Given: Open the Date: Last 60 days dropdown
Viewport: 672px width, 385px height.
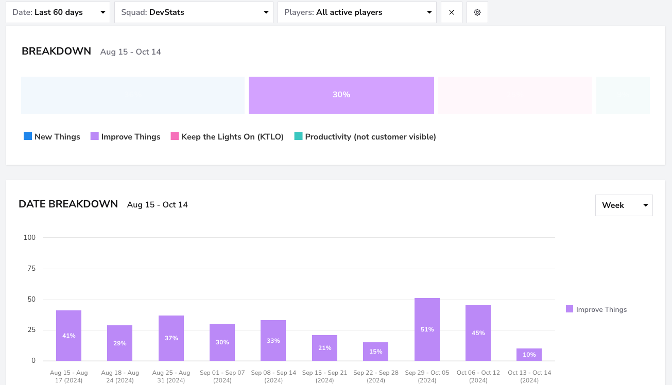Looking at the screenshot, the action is [x=58, y=12].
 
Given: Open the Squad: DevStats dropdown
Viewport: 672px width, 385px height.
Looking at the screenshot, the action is [x=194, y=12].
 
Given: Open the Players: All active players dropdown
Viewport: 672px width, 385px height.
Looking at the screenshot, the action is [x=357, y=12].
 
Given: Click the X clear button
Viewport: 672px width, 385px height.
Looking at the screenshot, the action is [x=452, y=12].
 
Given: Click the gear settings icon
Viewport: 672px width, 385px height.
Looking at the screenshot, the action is [x=477, y=12].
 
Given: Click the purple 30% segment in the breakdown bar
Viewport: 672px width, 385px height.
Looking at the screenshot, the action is [x=341, y=95].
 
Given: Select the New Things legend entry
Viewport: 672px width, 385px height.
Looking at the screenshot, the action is [x=52, y=137].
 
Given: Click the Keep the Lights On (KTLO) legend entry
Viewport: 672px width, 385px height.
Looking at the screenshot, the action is [x=227, y=137].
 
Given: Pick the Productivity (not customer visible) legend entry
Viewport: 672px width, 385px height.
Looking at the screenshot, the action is [x=365, y=137].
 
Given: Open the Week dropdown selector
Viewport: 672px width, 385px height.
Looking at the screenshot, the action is [x=624, y=205].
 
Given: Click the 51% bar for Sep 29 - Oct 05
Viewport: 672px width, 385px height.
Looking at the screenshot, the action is [x=427, y=329].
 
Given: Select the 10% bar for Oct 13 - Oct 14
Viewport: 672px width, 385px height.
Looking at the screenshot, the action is [x=529, y=355].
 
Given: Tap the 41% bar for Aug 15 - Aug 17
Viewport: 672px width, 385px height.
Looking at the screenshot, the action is [x=68, y=336].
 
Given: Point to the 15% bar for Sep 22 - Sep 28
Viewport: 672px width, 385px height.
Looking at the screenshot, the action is [x=375, y=352].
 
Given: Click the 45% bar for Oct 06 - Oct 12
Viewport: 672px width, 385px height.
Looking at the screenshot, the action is [x=478, y=333].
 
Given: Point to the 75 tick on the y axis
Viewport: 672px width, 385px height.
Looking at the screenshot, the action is [x=31, y=268].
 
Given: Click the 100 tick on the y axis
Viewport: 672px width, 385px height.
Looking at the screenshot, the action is [x=30, y=237].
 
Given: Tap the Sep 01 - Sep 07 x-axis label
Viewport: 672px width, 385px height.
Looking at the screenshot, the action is [x=222, y=376].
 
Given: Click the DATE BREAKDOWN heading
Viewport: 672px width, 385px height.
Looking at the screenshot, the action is [x=68, y=204].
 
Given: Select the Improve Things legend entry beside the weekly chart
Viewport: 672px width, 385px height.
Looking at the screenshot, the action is [x=596, y=309].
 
